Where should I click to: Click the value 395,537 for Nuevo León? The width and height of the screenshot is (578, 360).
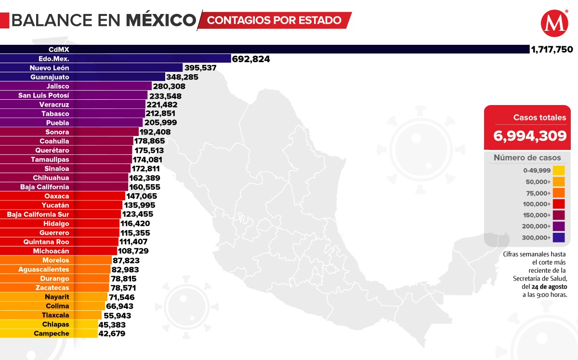click(x=200, y=68)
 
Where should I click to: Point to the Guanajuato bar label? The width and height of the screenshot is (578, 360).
click(x=50, y=77)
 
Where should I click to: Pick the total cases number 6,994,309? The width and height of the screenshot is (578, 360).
click(x=529, y=136)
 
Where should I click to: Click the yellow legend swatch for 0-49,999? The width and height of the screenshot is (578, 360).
click(x=559, y=171)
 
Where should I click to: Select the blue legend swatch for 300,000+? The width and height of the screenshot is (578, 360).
click(x=559, y=238)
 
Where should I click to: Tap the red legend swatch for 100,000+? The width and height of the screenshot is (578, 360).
click(x=559, y=204)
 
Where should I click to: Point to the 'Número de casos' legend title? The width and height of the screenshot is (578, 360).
click(x=527, y=158)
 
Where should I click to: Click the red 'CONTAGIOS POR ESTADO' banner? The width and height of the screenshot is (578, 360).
click(x=275, y=21)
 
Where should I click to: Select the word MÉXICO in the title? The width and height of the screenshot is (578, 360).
click(x=161, y=21)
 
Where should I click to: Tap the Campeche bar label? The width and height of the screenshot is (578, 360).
click(x=52, y=333)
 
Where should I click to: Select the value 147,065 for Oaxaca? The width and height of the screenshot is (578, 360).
click(x=142, y=196)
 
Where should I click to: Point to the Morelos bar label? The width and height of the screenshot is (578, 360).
click(x=55, y=260)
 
